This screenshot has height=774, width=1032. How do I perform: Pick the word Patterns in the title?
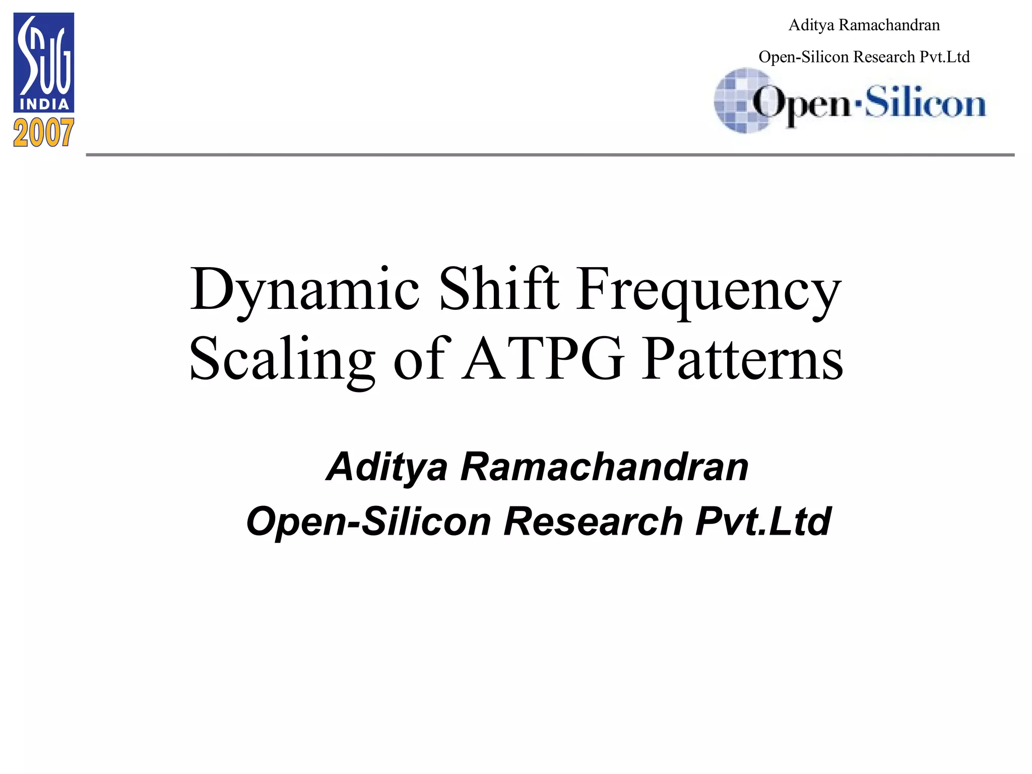(x=743, y=359)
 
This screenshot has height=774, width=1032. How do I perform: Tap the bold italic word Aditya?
(x=387, y=468)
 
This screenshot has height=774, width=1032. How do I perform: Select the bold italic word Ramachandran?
(x=604, y=467)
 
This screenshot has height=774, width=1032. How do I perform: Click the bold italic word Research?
(x=593, y=521)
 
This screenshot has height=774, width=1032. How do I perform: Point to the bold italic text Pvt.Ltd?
(x=763, y=521)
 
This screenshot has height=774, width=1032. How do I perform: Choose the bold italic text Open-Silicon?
(x=368, y=522)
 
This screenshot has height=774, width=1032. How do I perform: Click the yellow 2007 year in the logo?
(x=44, y=133)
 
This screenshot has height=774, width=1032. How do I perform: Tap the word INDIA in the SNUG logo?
(x=44, y=104)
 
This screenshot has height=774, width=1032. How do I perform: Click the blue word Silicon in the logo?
(x=925, y=103)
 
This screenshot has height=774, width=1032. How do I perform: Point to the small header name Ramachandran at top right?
(x=889, y=25)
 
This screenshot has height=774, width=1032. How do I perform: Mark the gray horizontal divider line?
(x=550, y=155)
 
